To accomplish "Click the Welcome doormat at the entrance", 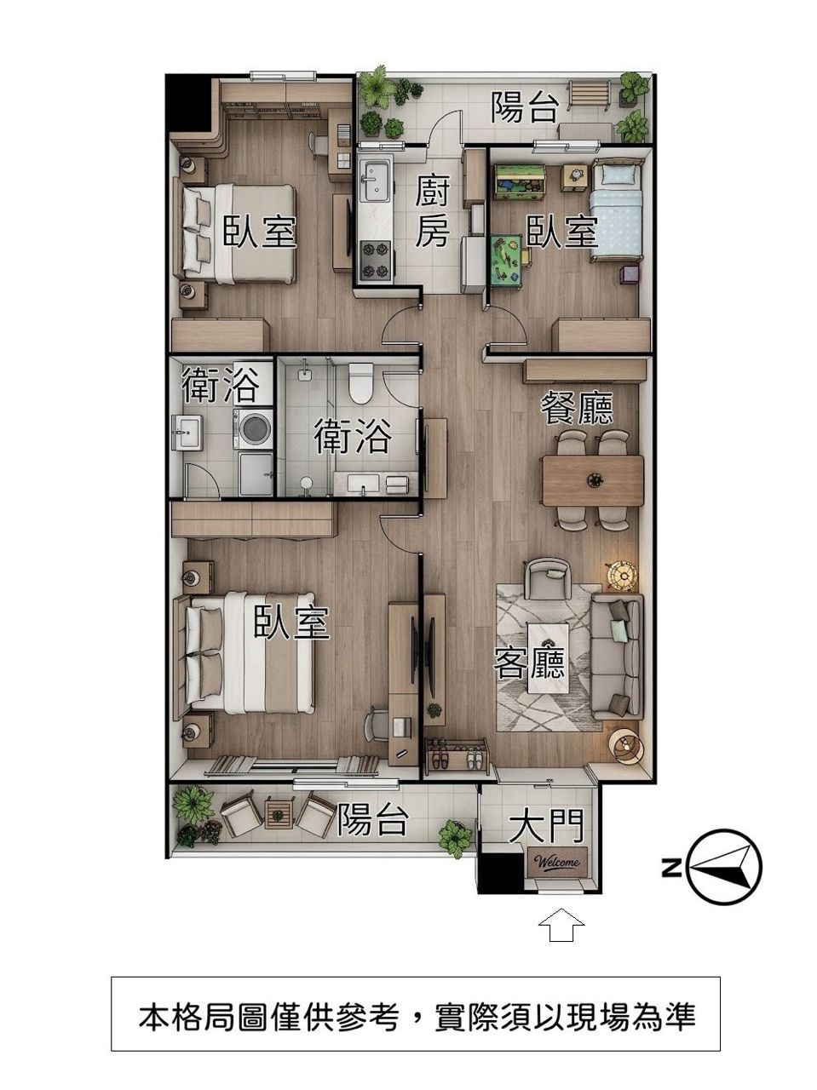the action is [556, 862].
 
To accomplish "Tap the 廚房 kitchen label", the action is [433, 214].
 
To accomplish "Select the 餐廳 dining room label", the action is [577, 409].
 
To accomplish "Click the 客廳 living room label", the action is [529, 663].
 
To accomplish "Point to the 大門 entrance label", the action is [546, 825].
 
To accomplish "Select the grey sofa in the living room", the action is [617, 657].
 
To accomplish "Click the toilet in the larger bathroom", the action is [360, 382].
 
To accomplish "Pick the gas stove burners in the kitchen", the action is [375, 260].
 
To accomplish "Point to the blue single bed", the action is [616, 210].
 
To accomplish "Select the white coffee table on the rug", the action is [549, 659].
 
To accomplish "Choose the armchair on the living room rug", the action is [547, 578].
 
